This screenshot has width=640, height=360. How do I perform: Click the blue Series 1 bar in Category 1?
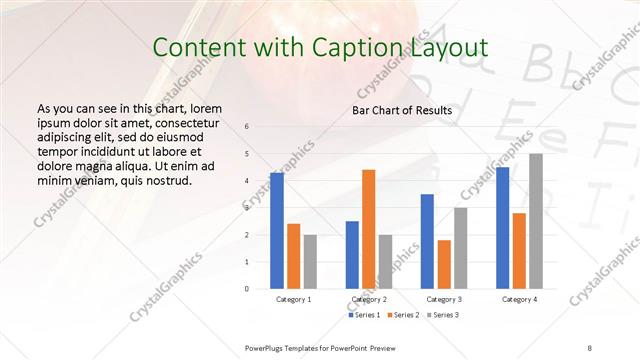click(277, 230)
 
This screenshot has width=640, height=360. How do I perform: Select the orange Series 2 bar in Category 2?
click(369, 229)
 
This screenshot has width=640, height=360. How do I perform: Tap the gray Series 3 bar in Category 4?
click(536, 221)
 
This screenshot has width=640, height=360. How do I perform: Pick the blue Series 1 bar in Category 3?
click(427, 241)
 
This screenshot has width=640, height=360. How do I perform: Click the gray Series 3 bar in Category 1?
click(311, 261)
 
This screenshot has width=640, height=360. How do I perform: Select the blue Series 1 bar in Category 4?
click(502, 228)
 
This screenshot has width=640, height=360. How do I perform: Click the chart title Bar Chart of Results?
click(401, 110)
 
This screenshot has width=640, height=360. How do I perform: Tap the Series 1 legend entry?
click(363, 315)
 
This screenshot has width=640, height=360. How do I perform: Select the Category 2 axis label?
click(369, 299)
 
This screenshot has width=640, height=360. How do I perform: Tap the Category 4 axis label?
click(519, 299)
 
